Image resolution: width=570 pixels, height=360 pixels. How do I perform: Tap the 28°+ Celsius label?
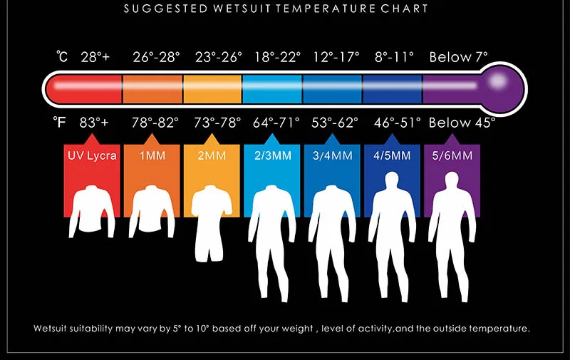pos(95,57)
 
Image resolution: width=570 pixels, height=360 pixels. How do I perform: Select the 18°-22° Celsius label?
pos(277,57)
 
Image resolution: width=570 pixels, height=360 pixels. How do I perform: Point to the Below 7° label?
pos(458,57)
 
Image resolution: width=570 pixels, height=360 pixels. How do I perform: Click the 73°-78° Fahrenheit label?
pos(217,123)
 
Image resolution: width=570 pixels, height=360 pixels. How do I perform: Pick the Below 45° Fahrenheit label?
pos(462,123)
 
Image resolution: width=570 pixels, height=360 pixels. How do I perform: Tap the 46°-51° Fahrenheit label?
pos(398,123)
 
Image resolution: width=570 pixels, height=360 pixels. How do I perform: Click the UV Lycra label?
pos(92,155)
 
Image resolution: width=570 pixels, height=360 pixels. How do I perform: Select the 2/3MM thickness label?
pos(273,155)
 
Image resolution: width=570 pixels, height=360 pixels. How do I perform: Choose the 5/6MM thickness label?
pos(452,155)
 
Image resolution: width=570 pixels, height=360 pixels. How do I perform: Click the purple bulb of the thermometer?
pos(502,88)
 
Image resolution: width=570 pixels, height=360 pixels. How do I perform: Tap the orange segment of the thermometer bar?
pos(152,89)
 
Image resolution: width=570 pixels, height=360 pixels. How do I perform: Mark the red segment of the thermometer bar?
pos(83,89)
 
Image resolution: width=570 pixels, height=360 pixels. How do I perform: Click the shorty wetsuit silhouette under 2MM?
pos(211,222)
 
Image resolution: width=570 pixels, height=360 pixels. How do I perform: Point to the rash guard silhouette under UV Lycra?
pos(92,211)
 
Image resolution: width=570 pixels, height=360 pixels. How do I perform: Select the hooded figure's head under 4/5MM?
pos(392,180)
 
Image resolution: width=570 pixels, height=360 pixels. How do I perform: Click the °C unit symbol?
pos(62,57)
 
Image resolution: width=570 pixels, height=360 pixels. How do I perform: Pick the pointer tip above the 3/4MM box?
pos(332,134)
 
